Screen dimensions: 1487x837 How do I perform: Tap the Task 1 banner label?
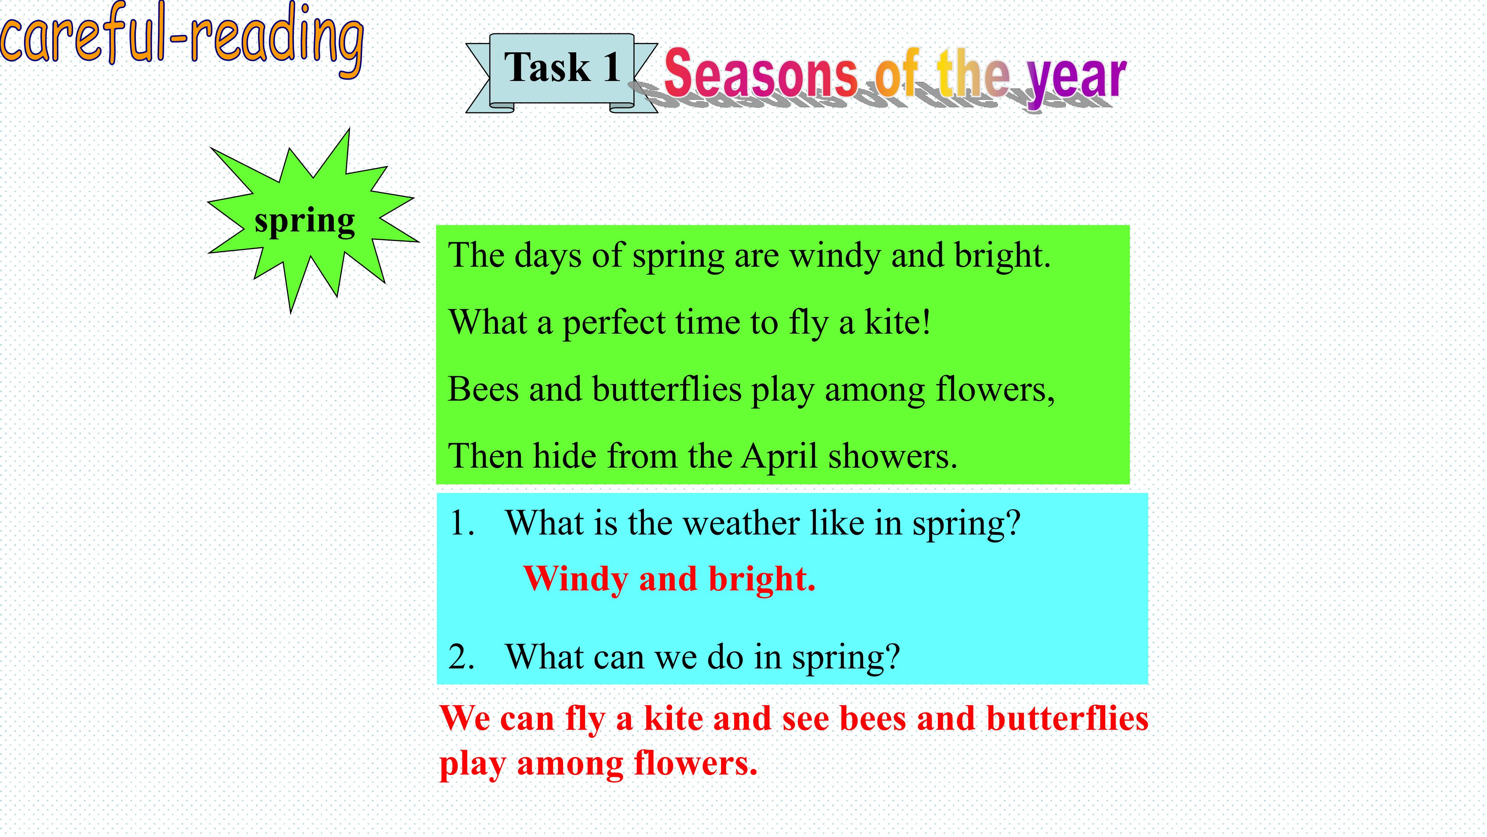pyautogui.click(x=561, y=67)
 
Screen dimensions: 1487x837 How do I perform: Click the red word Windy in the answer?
pyautogui.click(x=575, y=579)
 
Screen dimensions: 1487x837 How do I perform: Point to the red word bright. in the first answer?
pyautogui.click(x=762, y=579)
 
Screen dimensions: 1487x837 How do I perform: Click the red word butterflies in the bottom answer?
pyautogui.click(x=1067, y=718)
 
